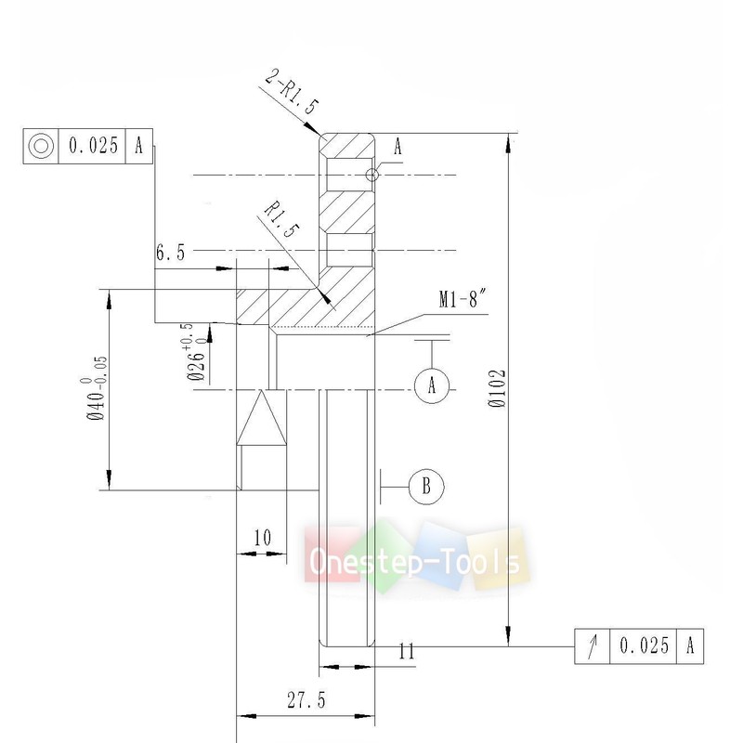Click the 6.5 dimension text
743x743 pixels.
point(171,253)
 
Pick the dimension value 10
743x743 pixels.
point(261,538)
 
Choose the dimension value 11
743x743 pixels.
point(405,651)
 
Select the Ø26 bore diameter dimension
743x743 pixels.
point(195,353)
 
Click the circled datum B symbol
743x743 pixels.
point(426,485)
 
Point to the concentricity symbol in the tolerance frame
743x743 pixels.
point(39,147)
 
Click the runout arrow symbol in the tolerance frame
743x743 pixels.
point(592,645)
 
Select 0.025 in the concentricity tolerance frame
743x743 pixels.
point(91,147)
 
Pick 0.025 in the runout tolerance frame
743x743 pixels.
point(644,645)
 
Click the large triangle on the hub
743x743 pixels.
point(261,418)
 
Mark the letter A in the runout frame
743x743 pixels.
point(691,645)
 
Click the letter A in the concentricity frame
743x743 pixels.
point(138,147)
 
